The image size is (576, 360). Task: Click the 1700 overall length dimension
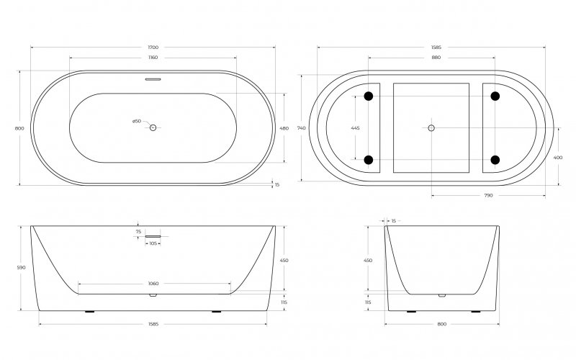click(x=153, y=48)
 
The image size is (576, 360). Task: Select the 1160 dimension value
click(x=153, y=58)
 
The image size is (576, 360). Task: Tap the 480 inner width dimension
click(x=284, y=129)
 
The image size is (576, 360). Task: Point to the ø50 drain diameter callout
click(x=137, y=121)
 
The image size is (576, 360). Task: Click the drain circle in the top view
click(x=153, y=127)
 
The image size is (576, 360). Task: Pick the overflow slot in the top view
click(x=153, y=79)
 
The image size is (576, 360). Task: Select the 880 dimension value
click(x=436, y=58)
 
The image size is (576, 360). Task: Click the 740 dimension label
click(x=301, y=128)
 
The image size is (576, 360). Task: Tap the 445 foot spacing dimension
click(x=355, y=128)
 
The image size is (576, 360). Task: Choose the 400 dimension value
click(x=557, y=158)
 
